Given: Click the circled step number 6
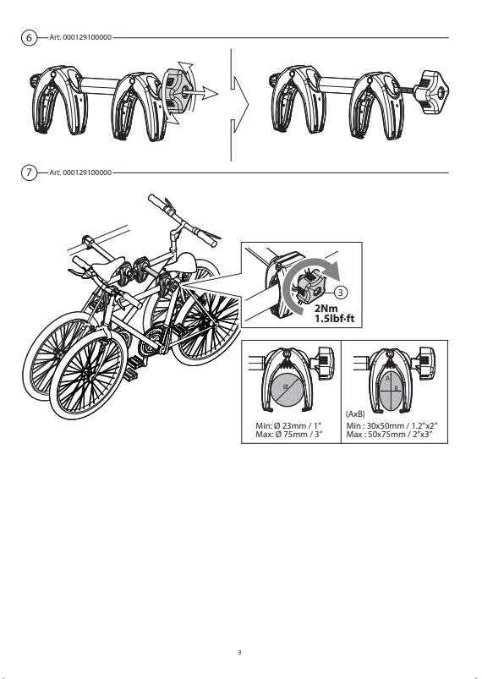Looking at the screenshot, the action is [29, 38].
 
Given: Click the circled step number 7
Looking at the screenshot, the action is [29, 172].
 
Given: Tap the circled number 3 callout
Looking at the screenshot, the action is [341, 293].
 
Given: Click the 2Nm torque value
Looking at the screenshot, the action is [326, 309].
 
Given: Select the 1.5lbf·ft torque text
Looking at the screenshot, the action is [334, 319].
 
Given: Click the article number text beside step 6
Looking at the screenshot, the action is [80, 38].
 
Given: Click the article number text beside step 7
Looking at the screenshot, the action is [80, 172].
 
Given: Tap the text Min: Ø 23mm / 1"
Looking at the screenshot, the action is [289, 426].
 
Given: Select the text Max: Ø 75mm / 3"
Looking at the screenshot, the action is [289, 435].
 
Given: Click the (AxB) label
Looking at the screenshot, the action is [355, 414].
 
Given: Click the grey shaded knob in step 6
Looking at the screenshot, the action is [176, 91].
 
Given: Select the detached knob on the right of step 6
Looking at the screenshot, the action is [430, 92].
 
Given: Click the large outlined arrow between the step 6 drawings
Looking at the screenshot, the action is [239, 104].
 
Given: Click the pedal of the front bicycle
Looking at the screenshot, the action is [131, 375].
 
